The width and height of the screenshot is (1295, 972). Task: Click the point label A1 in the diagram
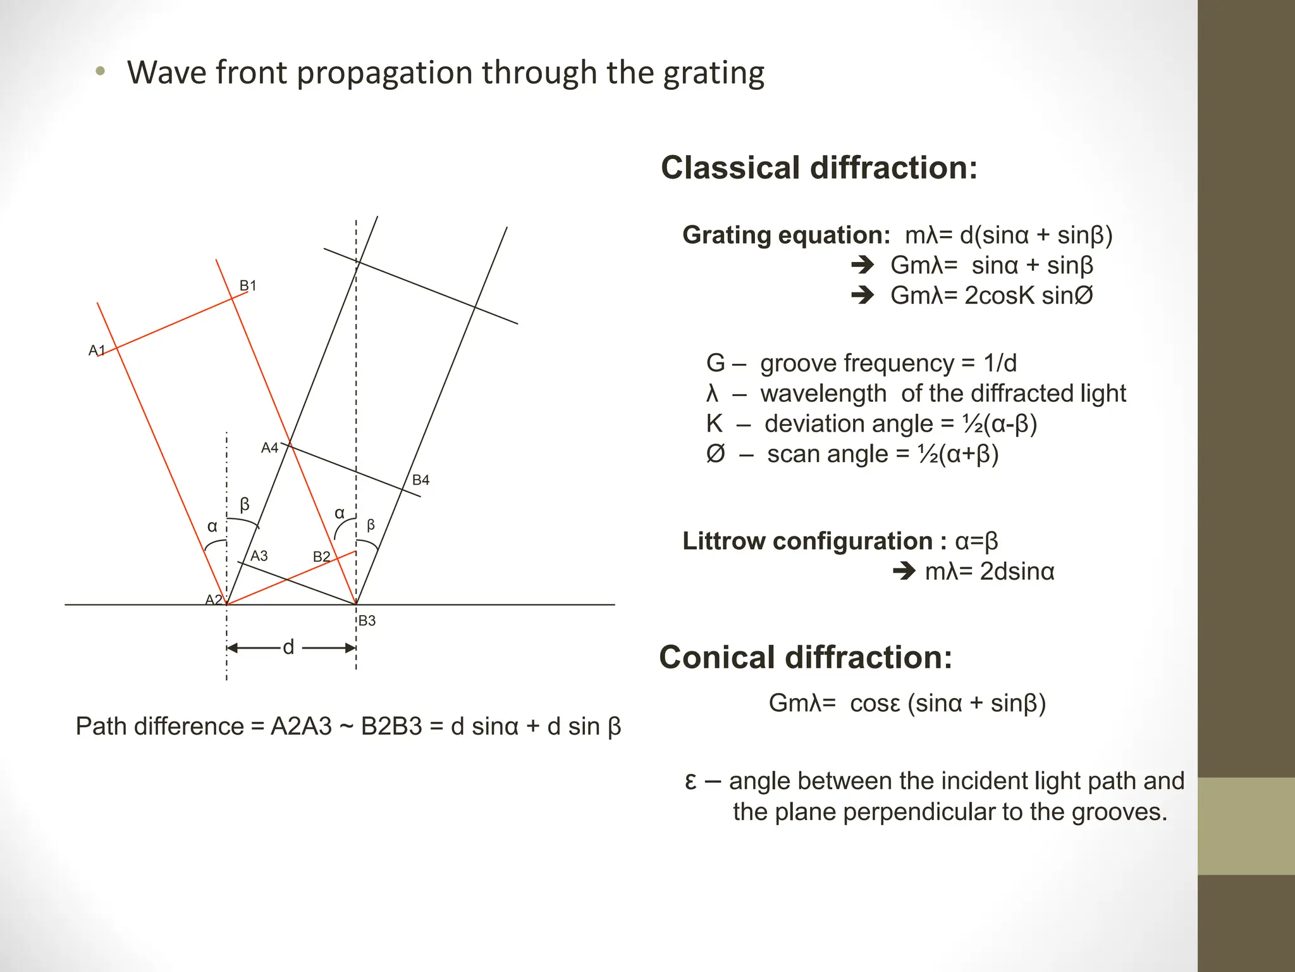pos(96,350)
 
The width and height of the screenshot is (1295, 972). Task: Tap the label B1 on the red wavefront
pos(248,285)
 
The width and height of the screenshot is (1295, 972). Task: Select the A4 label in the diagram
pos(270,448)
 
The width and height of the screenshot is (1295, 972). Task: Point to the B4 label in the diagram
pos(420,480)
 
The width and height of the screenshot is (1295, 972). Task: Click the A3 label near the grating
pos(259,556)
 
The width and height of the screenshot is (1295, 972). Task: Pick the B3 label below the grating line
pos(367,621)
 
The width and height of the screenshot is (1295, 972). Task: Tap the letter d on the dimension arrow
pos(288,647)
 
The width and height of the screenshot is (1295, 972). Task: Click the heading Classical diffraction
pos(819,168)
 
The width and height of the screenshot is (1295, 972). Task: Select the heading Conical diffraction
pos(805,657)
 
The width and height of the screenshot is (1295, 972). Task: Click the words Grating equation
pos(786,235)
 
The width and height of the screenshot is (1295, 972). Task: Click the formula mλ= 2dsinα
pos(990,571)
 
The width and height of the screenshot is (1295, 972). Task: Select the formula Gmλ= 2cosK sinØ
pos(991,296)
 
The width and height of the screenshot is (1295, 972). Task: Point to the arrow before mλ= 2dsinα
pos(904,571)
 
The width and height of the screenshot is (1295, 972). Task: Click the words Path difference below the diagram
pos(159,726)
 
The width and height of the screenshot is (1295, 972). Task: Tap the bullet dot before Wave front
pos(100,72)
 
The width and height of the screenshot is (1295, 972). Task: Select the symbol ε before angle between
pos(691,781)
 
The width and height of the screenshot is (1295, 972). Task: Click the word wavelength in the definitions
pos(823,394)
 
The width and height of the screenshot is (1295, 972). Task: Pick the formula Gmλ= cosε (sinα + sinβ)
pos(907,703)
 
